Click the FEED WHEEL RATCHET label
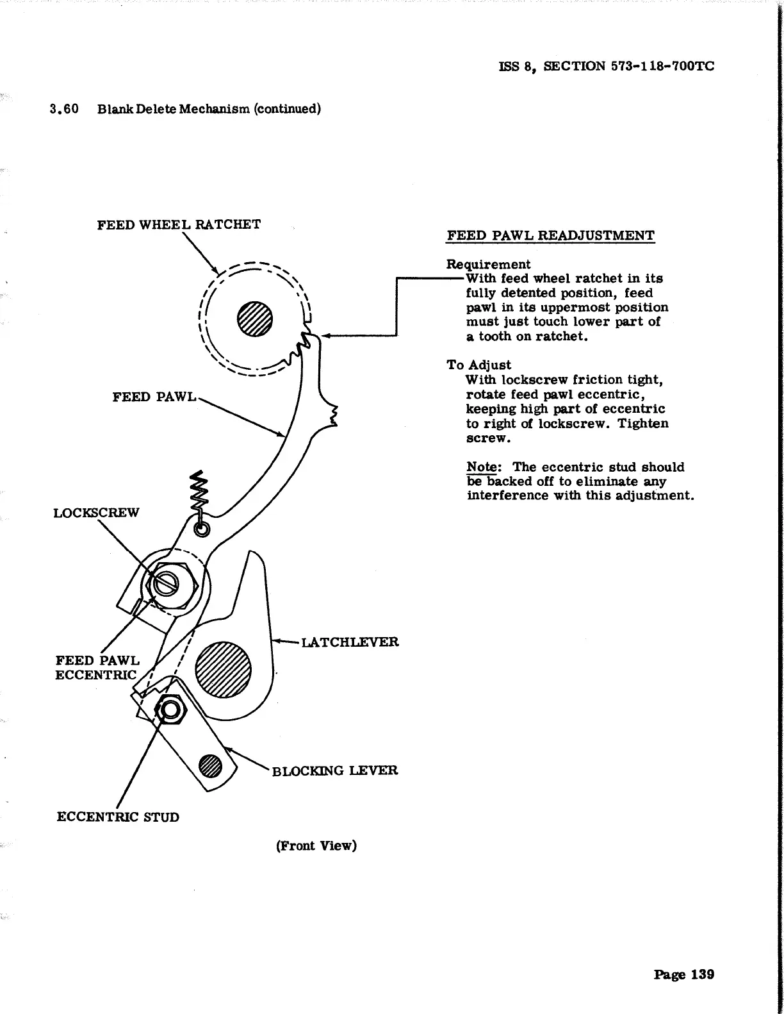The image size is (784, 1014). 179,224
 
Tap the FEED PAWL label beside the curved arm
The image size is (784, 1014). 154,397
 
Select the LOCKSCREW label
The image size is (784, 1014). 96,513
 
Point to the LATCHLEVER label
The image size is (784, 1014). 350,642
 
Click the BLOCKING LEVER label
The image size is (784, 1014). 335,770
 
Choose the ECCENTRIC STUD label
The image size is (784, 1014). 118,817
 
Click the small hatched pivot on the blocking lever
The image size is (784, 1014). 211,765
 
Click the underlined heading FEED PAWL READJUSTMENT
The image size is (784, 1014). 550,235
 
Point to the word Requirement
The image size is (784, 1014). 488,264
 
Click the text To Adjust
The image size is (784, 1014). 478,365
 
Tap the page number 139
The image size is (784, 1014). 684,974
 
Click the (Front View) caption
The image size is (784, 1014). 316,845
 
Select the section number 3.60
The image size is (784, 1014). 64,108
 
